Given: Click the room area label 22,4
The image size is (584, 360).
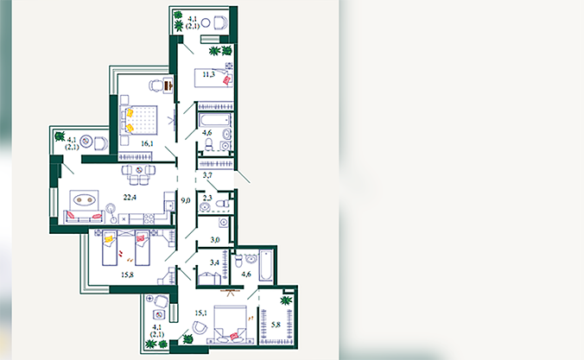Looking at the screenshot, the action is point(130,198).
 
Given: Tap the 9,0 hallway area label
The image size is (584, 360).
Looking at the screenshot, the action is point(186,200).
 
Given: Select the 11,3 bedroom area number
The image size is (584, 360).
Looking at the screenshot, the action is point(208,74).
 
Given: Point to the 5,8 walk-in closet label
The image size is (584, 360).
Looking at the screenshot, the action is point(276,325).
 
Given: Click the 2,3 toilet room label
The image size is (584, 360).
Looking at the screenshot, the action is point(207,198).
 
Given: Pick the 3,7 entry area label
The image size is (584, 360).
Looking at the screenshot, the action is point(207,175).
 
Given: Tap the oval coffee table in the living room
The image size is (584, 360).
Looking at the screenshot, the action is point(84,200).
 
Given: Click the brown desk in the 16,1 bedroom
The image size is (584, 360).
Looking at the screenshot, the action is point(168,85).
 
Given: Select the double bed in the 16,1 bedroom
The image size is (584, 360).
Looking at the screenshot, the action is point(138,120).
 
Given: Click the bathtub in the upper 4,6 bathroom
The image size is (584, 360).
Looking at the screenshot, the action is point(214,120).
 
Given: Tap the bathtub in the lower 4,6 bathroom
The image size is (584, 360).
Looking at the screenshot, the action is point(266,266).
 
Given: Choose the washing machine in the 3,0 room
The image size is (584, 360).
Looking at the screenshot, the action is point(223,223).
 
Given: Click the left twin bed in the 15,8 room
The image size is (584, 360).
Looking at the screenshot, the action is point(110,247).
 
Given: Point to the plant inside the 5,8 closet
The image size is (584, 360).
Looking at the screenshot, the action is point(286,300).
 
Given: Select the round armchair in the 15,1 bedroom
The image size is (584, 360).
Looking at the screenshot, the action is point(200,327).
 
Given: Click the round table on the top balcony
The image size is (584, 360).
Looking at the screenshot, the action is point(206,23).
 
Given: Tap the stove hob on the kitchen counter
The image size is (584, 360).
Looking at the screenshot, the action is point(149,218).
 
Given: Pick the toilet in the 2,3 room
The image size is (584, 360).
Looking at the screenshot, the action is point(222,204).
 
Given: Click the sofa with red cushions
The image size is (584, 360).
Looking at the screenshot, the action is point(84,217).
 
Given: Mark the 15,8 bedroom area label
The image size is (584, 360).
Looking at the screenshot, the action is point(127,275).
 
